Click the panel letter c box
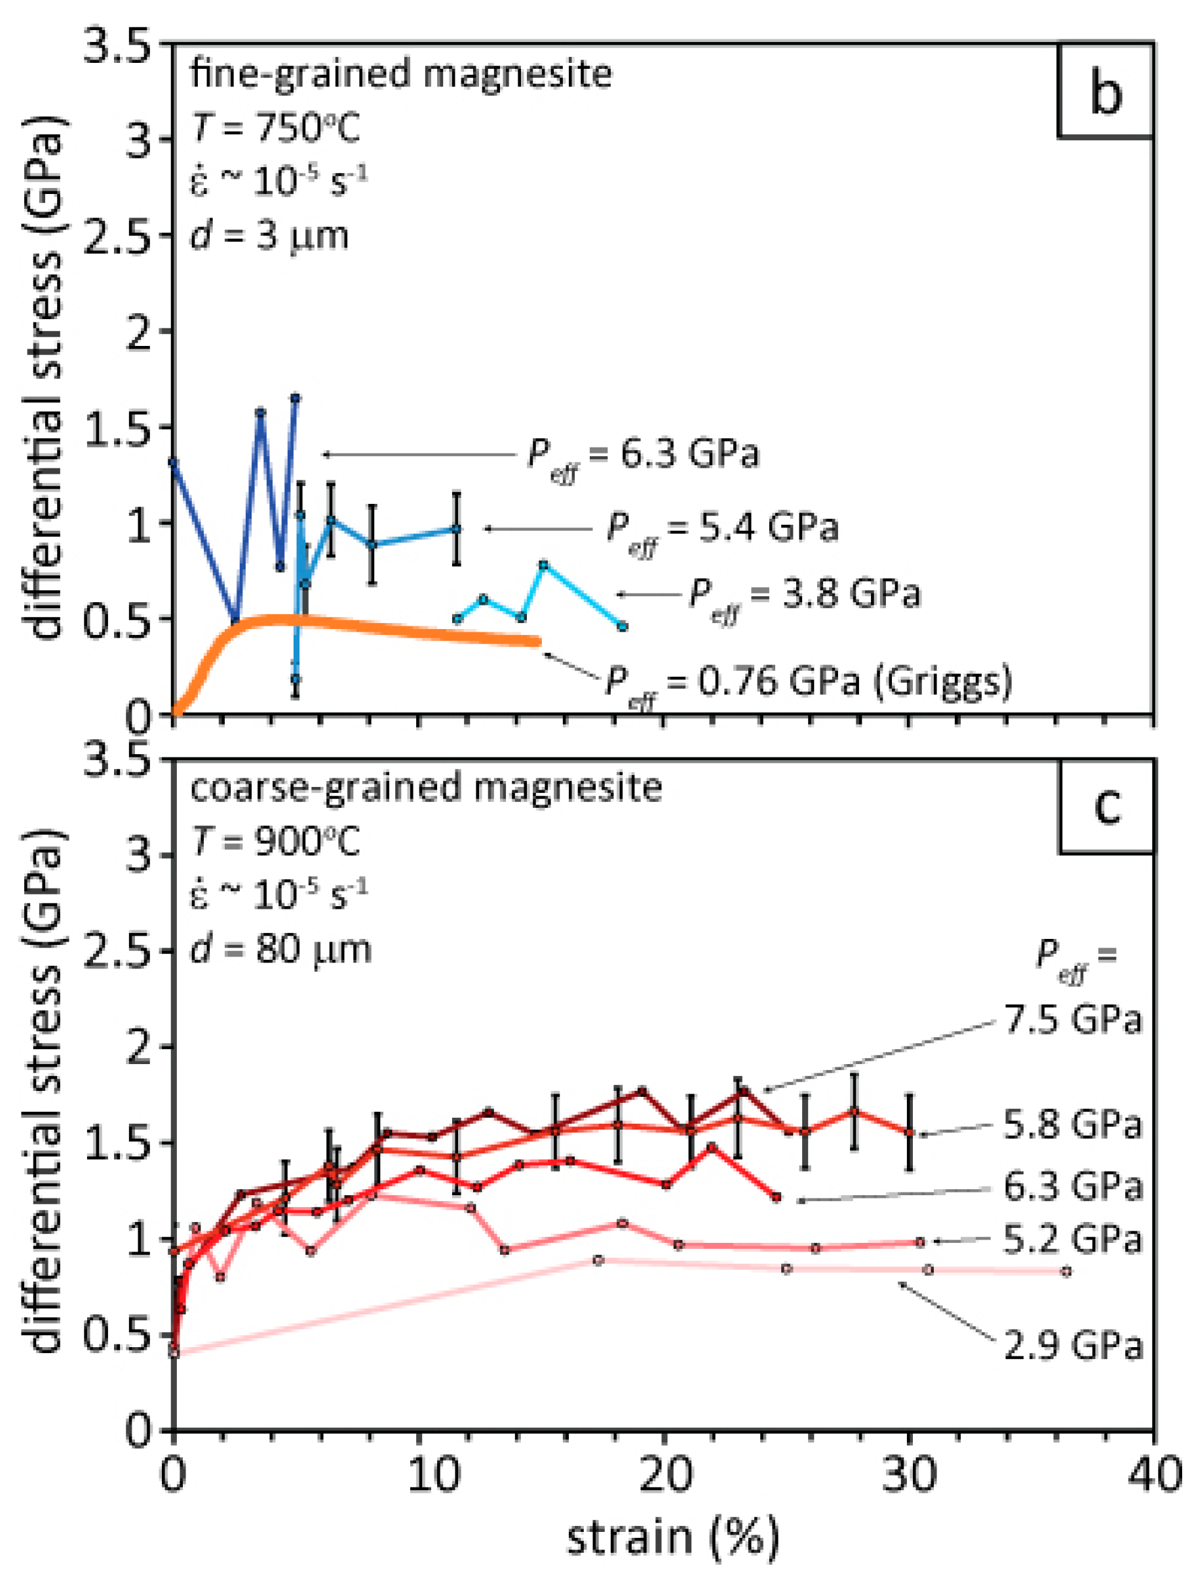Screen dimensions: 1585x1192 (1105, 805)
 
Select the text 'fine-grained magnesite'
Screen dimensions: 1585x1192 (400, 74)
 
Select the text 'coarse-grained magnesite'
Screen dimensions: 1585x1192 (426, 788)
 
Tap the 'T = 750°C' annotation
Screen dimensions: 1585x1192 (276, 128)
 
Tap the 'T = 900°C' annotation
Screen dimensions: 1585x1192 (276, 841)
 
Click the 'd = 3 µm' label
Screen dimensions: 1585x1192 (269, 235)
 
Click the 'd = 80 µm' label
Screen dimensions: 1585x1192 (280, 949)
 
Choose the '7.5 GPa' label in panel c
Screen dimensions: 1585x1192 (1072, 1020)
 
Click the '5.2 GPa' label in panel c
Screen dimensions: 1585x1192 (1071, 1240)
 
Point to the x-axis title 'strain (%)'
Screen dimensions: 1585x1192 (672, 1537)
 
